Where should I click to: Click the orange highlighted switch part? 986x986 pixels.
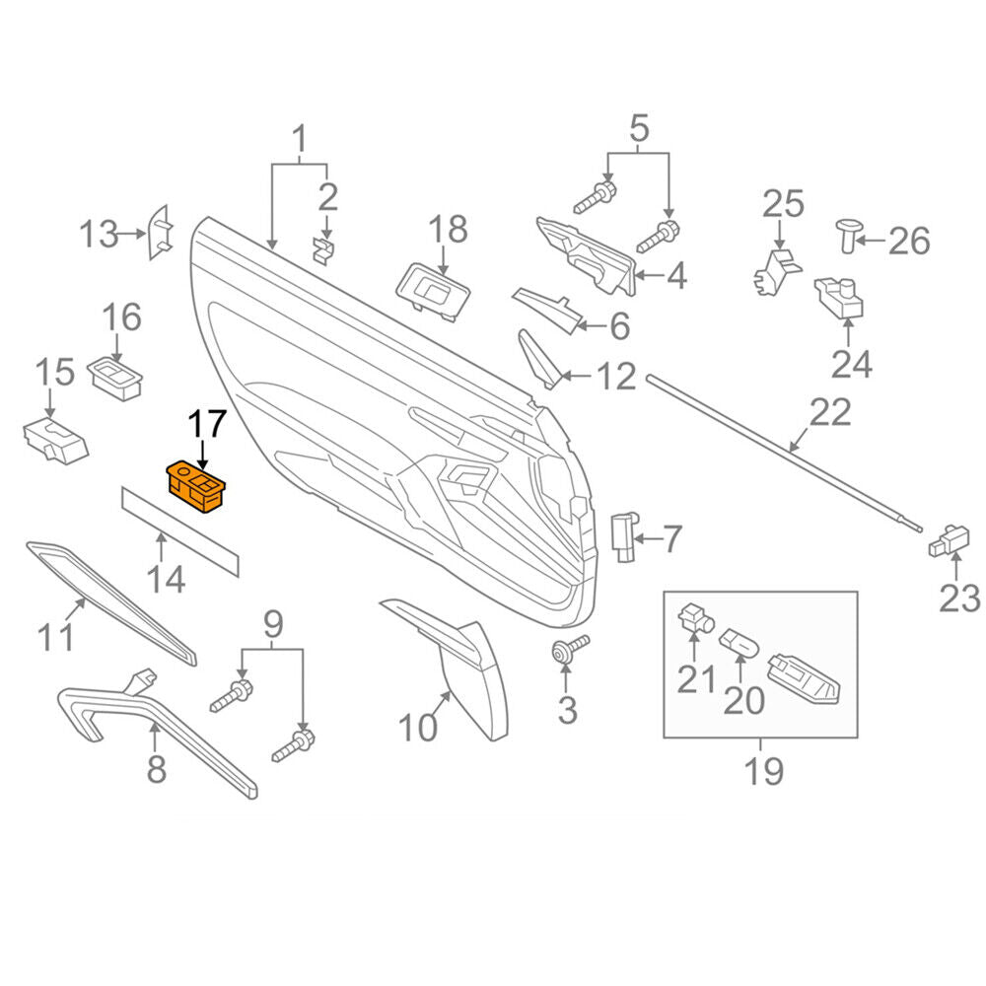pos(195,487)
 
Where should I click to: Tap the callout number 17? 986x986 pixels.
pos(207,424)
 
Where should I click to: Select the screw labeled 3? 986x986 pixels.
pos(570,648)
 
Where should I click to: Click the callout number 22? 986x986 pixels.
pos(830,412)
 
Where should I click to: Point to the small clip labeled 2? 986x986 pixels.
pos(324,250)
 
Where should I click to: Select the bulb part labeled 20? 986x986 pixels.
pos(740,643)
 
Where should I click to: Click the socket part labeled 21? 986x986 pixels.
pos(695,617)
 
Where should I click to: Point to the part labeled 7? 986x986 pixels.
pos(624,536)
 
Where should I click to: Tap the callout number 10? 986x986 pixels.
pos(417,728)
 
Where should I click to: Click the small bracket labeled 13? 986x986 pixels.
pos(159,233)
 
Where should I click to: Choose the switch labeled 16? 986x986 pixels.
pos(114,379)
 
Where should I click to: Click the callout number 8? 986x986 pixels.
pos(157,768)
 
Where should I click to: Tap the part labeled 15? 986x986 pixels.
pos(55,440)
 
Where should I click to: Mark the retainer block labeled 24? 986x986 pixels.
pos(839,299)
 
